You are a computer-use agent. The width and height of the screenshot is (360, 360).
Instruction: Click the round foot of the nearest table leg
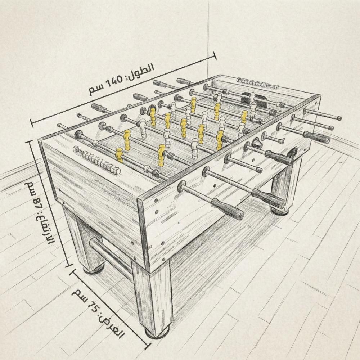click(157, 332)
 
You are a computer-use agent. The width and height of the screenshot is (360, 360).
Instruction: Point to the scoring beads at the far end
click(258, 83)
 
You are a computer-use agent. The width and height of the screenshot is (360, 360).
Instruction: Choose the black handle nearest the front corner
click(227, 209)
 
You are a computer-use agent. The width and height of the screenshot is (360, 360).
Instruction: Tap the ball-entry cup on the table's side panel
click(256, 143)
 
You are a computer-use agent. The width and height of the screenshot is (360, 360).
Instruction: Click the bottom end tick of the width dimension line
click(147, 346)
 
